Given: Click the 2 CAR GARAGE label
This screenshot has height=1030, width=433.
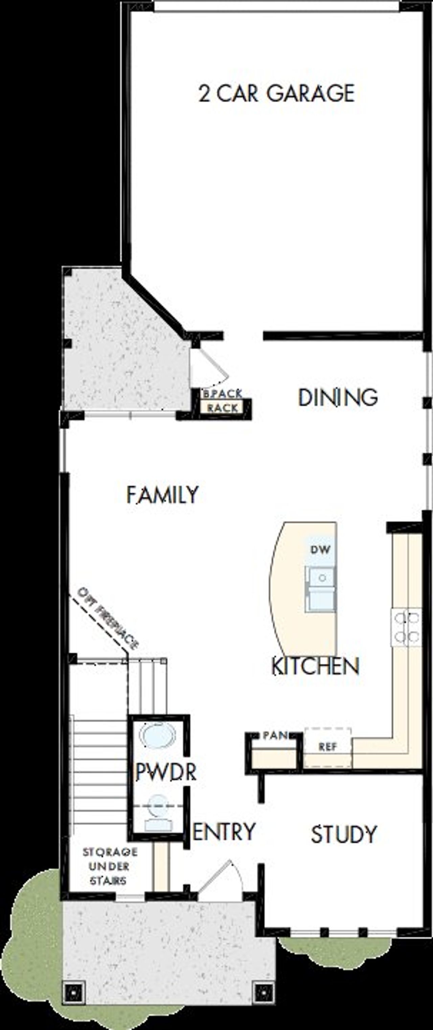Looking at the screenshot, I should (276, 93).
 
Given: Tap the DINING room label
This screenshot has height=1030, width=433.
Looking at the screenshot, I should (338, 397).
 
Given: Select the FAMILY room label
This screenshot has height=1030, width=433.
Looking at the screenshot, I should (162, 495).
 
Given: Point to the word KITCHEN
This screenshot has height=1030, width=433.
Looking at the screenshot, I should (315, 666).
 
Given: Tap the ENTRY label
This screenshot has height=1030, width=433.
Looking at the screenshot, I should (224, 831).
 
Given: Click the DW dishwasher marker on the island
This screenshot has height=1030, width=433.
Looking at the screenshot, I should (321, 549).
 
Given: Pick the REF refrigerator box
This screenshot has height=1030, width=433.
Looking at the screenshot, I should (328, 747).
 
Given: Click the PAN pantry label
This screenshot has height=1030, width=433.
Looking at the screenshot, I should (275, 735).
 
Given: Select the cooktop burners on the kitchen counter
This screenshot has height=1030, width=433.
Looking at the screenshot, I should (406, 627).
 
